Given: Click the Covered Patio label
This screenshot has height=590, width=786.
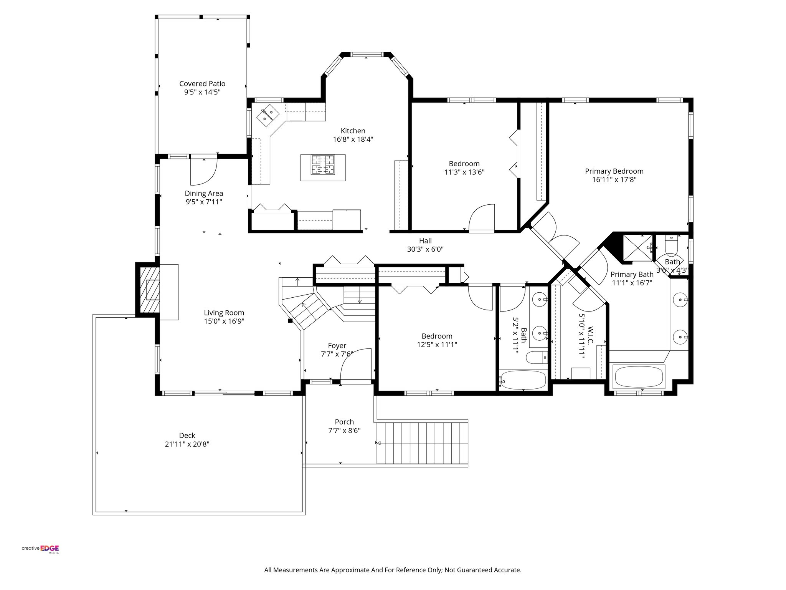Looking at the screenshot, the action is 202,84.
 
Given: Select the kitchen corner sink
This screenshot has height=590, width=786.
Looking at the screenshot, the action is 268,114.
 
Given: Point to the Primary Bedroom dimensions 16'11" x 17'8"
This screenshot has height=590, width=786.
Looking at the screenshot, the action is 614,180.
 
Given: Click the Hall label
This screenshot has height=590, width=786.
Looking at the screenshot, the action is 425,241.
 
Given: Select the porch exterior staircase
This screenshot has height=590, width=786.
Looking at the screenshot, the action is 423,443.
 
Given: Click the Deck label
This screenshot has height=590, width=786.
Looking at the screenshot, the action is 187,436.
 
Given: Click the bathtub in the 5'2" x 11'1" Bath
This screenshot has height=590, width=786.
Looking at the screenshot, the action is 523,380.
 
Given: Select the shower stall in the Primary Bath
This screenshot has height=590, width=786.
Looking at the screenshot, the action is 638,248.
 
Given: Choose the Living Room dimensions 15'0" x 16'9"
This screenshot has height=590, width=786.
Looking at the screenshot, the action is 224,322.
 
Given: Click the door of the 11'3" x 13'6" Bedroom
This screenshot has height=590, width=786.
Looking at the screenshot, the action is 482,218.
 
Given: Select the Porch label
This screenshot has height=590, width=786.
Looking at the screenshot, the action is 344,422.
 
